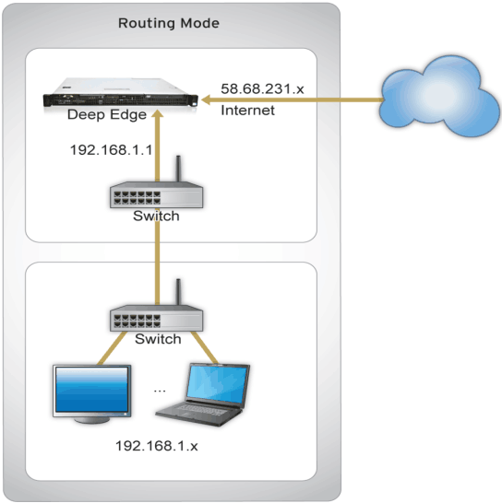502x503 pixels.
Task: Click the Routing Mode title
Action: click(169, 23)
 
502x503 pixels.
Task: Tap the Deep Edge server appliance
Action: click(121, 93)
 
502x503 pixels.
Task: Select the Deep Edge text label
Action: click(107, 114)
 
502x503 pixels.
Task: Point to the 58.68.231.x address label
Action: click(262, 88)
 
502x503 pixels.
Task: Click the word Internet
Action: click(247, 111)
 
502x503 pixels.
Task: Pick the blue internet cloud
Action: click(439, 96)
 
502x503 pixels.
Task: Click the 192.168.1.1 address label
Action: click(112, 150)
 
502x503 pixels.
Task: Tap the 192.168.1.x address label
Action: click(157, 446)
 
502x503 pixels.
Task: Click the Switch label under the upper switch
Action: click(156, 216)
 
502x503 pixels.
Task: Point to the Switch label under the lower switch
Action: click(158, 339)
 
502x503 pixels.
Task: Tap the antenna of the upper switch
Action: click(178, 169)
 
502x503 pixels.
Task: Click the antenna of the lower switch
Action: click(178, 292)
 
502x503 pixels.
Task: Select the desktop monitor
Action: click(92, 394)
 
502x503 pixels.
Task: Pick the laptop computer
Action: click(203, 394)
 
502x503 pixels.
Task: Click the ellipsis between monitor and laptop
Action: click(160, 391)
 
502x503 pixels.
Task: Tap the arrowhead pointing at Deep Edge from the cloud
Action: click(206, 99)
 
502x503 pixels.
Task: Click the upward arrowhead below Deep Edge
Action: click(157, 113)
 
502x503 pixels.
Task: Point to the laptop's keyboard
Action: click(200, 409)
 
